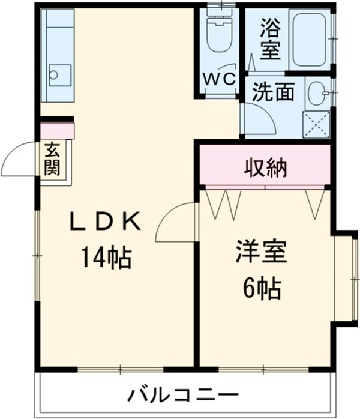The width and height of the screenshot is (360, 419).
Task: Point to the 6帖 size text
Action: (262, 289)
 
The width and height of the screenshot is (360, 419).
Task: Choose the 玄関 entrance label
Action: (52, 158)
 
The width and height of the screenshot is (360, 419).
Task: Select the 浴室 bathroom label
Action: (270, 40)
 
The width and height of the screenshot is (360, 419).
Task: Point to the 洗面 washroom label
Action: (273, 92)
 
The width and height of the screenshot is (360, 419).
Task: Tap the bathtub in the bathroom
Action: (309, 39)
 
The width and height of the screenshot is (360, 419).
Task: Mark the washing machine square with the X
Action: (316, 124)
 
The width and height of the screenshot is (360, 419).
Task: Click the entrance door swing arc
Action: (19, 158)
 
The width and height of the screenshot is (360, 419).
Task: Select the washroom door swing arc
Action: (258, 119)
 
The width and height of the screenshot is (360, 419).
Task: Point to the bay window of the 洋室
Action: (346, 277)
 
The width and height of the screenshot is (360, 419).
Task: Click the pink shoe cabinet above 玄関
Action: (57, 130)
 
